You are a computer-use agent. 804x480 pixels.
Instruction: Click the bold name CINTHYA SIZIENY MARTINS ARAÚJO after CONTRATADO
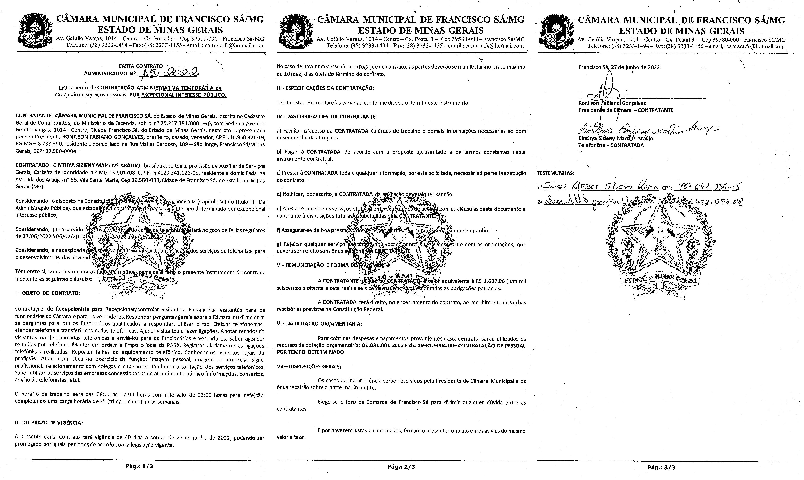[97, 166]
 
